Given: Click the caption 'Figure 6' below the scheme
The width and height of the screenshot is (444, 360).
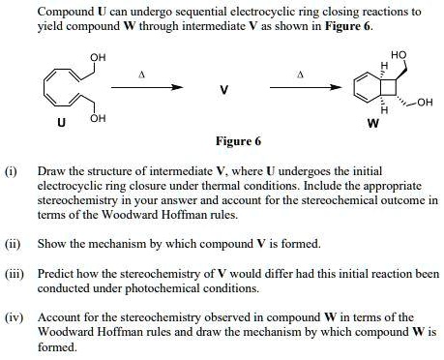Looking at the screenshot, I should point(238,141).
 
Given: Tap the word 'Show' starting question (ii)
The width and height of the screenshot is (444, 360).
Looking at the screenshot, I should point(50,243).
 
